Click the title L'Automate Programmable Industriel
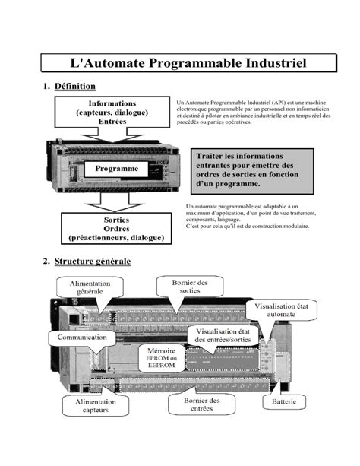tap(187, 64)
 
